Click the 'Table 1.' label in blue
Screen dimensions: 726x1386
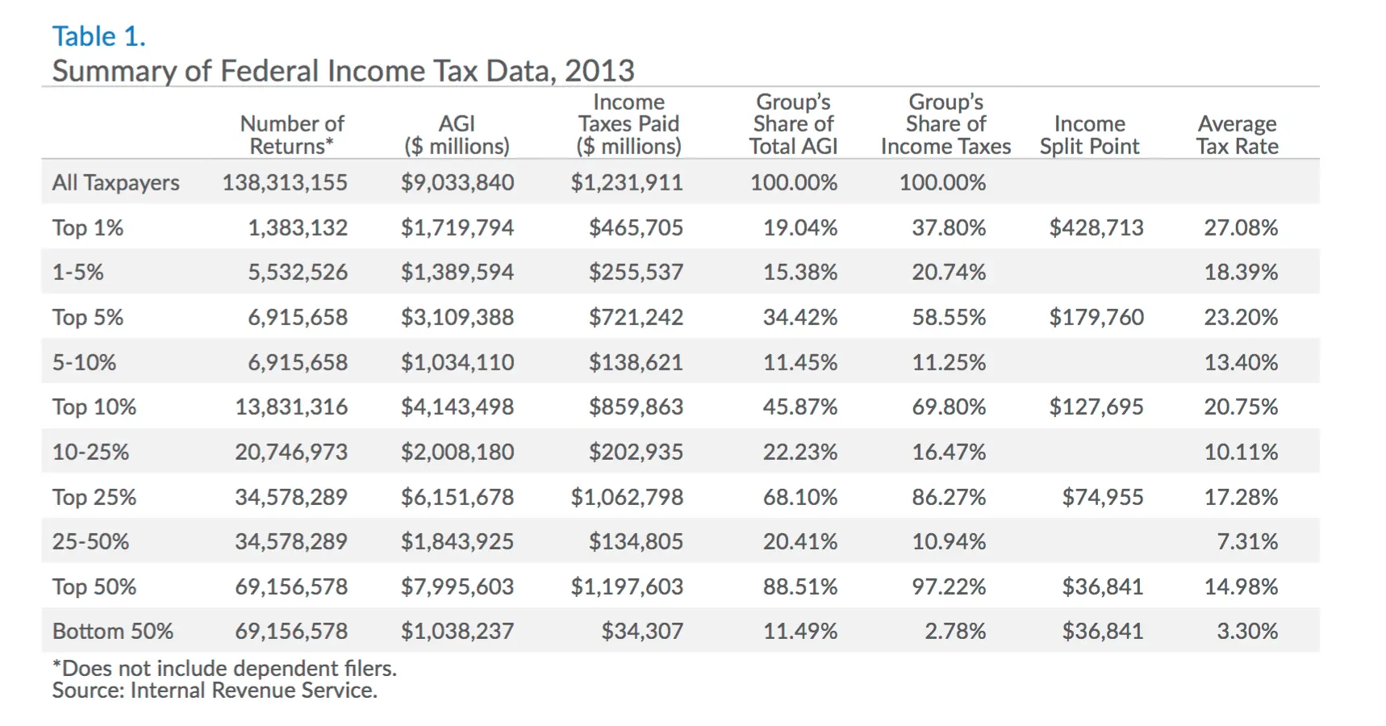coord(98,36)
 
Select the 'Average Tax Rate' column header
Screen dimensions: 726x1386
coord(1237,135)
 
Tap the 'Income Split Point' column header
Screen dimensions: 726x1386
coord(1089,135)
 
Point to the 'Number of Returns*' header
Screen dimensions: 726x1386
coord(291,135)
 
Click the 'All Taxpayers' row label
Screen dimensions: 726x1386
coord(115,182)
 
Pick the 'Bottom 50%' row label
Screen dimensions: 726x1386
coord(112,631)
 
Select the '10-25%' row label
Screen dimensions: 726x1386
coord(90,452)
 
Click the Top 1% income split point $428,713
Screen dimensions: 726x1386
coord(1096,227)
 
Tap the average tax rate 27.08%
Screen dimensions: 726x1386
coord(1240,227)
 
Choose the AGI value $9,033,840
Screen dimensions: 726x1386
coord(457,182)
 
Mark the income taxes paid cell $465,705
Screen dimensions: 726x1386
coord(635,227)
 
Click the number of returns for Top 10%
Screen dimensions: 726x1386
coord(290,407)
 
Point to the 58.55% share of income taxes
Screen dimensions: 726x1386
coord(948,317)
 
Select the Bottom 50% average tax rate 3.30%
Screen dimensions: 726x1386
coord(1246,631)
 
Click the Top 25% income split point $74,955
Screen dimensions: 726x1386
coord(1102,497)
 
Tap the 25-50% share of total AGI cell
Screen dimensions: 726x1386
coord(799,541)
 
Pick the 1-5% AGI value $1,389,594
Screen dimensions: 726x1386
coord(457,272)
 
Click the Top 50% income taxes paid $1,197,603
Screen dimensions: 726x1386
coord(626,586)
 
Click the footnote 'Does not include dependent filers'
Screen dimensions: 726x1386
coord(225,668)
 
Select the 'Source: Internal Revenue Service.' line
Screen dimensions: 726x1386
coord(215,691)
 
